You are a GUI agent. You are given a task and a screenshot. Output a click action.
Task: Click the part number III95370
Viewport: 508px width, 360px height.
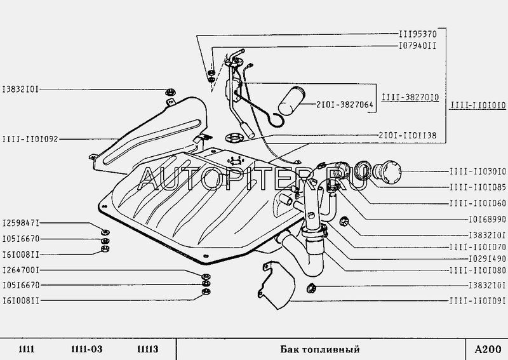coord(418,34)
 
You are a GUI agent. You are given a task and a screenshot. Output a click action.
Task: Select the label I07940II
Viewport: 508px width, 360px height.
coord(418,46)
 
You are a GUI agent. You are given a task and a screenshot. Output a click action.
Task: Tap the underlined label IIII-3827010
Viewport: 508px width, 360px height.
coord(410,97)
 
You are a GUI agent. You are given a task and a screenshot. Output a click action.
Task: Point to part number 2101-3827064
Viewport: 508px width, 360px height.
coord(345,105)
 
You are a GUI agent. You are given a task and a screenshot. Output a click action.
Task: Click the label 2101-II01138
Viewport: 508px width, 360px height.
coord(408,135)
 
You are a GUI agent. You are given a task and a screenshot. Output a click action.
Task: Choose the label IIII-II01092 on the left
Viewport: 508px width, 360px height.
coord(30,139)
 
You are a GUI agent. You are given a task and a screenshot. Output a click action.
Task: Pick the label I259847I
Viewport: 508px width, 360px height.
coord(21,223)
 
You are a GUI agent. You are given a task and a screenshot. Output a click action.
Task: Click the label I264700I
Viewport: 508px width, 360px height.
coord(21,270)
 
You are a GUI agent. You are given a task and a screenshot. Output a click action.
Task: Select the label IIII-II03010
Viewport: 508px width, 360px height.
coord(478,171)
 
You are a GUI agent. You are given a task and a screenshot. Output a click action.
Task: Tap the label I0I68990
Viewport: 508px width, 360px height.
coord(488,220)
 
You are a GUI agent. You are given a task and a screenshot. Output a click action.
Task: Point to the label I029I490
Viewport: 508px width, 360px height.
coord(488,258)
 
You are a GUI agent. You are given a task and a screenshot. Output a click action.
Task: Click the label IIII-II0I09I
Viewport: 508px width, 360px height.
coord(478,301)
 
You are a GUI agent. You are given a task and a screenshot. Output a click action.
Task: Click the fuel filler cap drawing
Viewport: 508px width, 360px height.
coord(388,170)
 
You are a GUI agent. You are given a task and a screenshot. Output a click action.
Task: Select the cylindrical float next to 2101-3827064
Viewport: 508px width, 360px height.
coord(291,101)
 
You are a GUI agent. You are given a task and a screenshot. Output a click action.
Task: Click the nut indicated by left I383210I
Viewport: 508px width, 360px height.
coord(170,92)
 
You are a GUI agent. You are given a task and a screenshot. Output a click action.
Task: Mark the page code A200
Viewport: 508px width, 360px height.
coord(488,350)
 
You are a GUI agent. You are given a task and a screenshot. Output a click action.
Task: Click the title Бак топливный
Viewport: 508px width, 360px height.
coord(320,350)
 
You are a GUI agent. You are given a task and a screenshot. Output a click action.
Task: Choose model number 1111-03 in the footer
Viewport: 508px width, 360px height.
coord(86,349)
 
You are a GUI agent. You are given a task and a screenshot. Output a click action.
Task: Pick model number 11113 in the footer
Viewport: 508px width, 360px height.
coord(148,349)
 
